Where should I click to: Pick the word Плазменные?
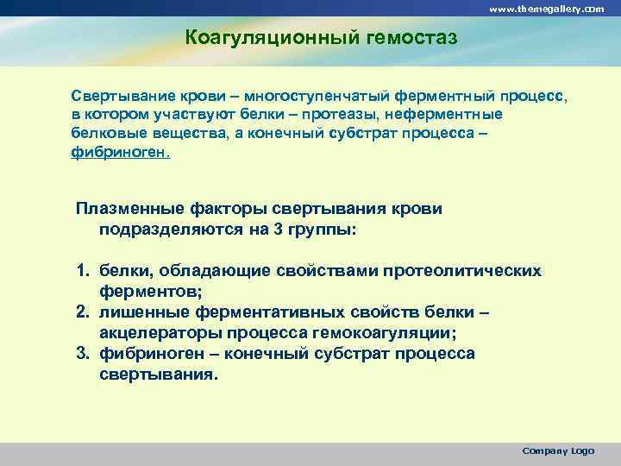pyautogui.click(x=127, y=209)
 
